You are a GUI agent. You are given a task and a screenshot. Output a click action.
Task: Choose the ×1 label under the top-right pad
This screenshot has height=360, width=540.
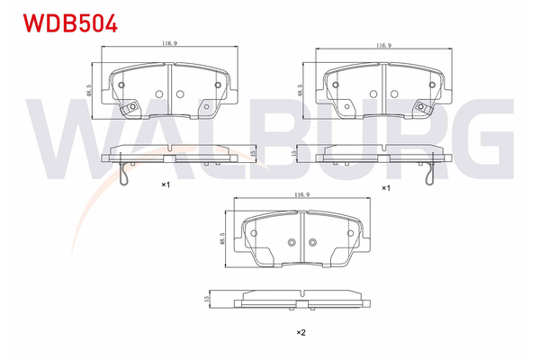(x=385, y=187)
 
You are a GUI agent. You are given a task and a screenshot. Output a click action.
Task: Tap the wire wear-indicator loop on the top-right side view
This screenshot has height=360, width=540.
(x=433, y=176)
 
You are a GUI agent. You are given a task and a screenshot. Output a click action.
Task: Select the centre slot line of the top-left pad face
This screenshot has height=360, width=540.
(x=168, y=91)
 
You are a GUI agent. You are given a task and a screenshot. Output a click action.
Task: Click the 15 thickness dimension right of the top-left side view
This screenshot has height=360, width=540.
(x=255, y=155)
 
